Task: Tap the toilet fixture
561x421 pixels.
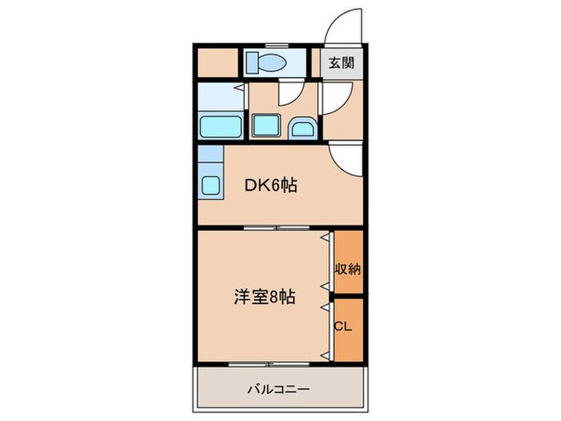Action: coord(261,63)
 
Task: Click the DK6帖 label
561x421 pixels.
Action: coord(271,185)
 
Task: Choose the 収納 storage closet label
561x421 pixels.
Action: coord(348,268)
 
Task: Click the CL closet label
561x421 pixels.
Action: coord(342,327)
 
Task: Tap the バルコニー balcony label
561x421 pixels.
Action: coord(278,390)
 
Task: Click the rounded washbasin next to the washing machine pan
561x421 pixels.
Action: coord(303,128)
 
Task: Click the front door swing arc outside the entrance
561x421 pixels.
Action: coord(343,24)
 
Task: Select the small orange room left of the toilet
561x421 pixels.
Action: coord(216,63)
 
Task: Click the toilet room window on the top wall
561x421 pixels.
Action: coord(277,45)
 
